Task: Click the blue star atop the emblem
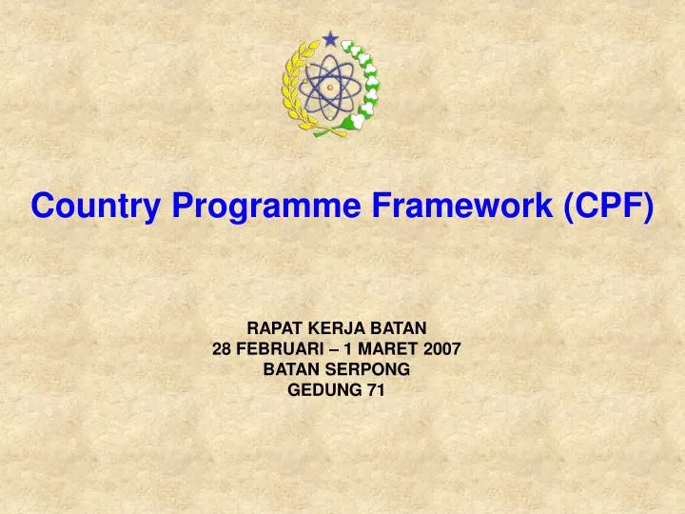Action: click(x=330, y=39)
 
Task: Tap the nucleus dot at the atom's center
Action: click(x=330, y=86)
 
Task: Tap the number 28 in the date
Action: click(x=222, y=349)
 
